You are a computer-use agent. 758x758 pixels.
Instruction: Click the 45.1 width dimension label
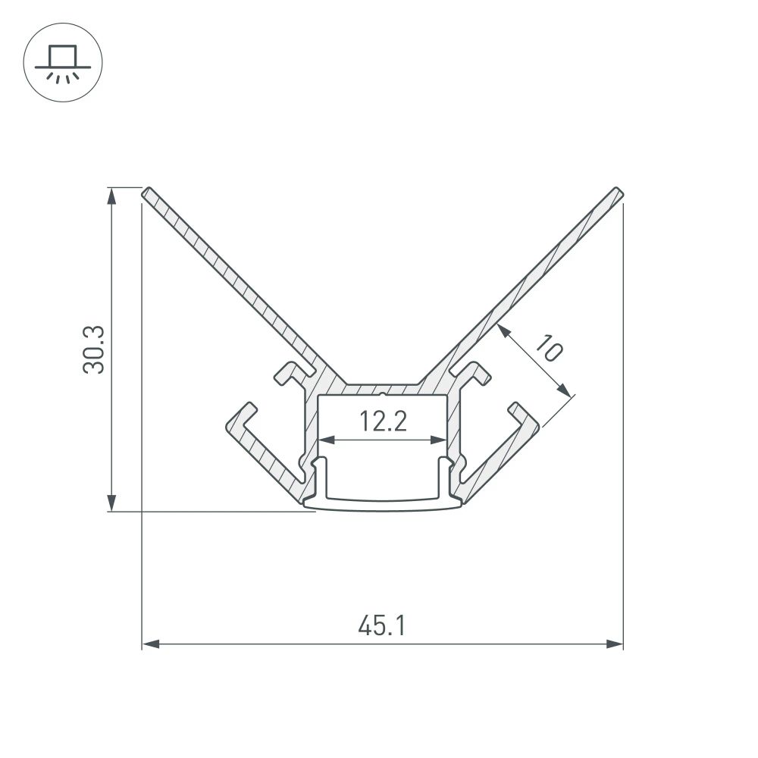pos(383,626)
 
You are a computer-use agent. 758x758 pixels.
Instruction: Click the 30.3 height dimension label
pos(96,349)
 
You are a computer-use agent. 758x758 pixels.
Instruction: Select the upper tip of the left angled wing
pos(146,192)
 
